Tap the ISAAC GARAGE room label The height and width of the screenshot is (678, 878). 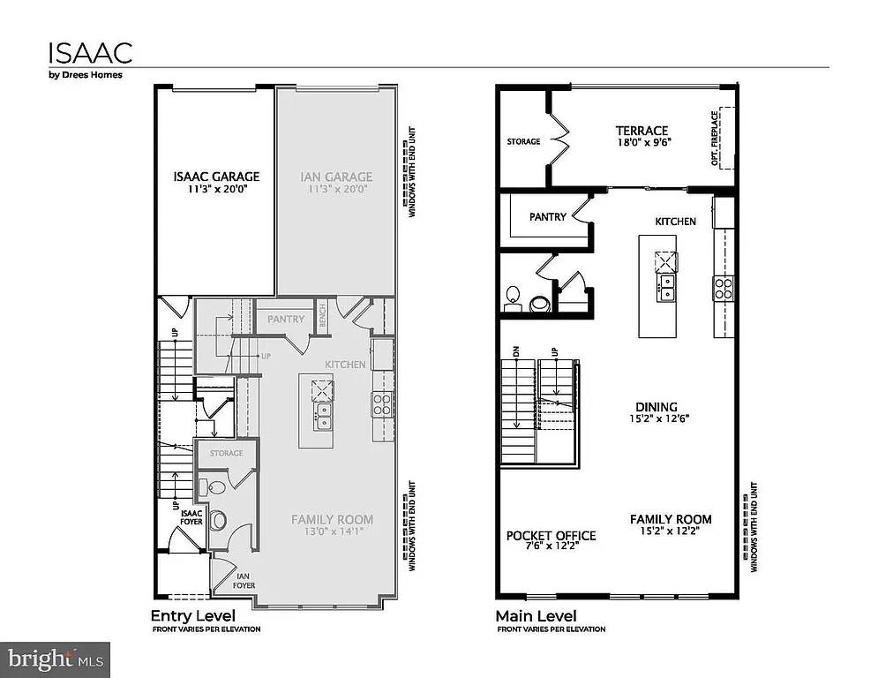[216, 177]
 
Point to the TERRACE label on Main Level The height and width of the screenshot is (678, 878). [642, 131]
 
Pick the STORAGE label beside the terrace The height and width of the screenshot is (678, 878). [523, 141]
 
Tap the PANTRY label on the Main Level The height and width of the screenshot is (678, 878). [548, 217]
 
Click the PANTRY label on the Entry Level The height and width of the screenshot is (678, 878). [285, 320]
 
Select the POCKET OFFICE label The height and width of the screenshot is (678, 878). [551, 536]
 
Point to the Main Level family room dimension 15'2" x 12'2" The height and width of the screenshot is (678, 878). [671, 531]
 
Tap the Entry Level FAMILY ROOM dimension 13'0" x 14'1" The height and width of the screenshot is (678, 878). [333, 531]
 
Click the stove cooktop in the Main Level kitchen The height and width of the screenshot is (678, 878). [723, 287]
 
